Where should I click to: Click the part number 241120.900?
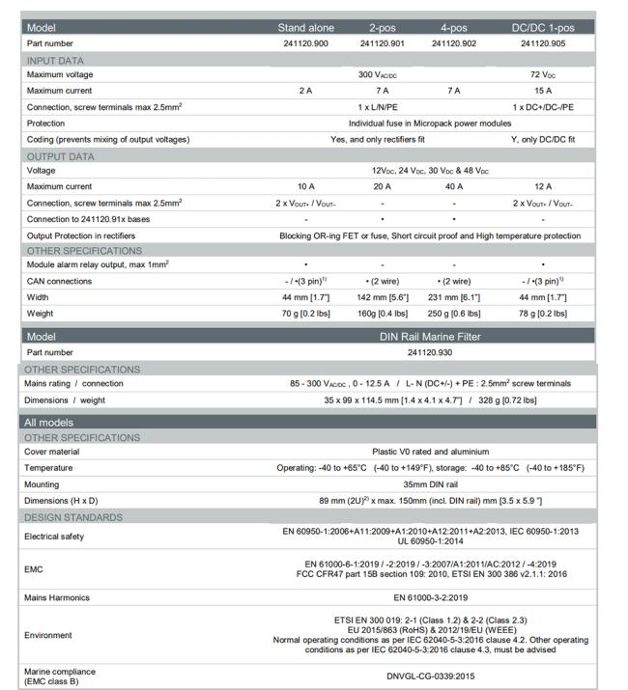coord(303,43)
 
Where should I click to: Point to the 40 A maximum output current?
coord(454,186)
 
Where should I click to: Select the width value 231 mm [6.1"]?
coord(454,297)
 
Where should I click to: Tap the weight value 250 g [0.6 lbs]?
coord(454,313)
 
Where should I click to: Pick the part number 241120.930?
coord(431,353)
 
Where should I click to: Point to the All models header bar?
coord(50,423)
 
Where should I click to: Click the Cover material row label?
coord(56,452)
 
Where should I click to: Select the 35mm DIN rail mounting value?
coord(431,484)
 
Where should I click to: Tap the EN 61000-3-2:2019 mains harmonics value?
coord(431,598)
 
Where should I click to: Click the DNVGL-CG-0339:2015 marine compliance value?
coord(431,676)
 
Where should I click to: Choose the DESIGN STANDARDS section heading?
coord(74,517)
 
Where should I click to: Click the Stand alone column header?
coord(303,28)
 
